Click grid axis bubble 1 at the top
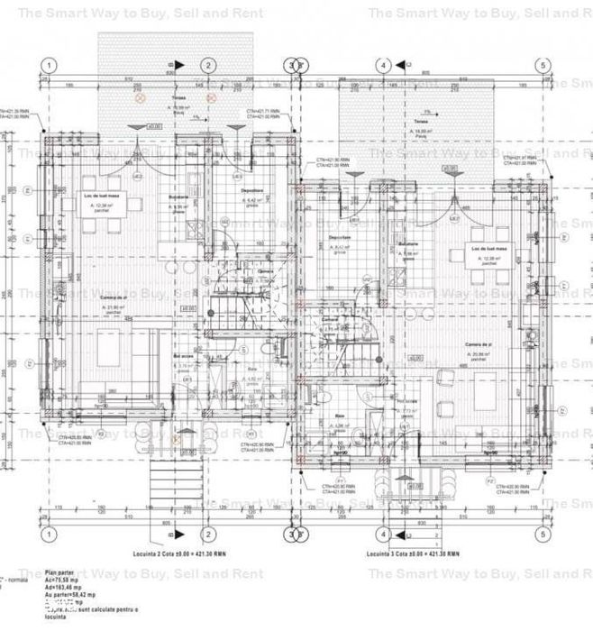[50, 65]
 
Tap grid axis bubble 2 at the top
[208, 65]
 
